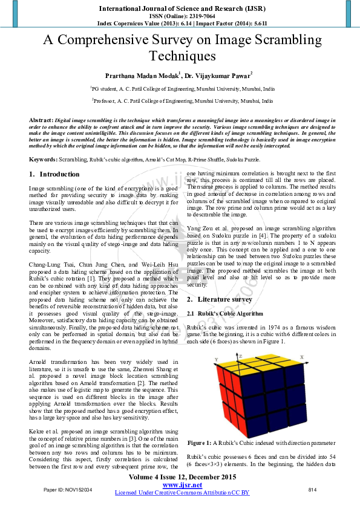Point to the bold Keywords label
click(43, 159)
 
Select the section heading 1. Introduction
click(54, 174)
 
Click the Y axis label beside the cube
click(216, 360)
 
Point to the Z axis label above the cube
click(240, 356)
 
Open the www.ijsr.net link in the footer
click(182, 485)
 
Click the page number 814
click(312, 489)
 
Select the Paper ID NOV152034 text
click(68, 489)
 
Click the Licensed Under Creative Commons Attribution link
click(182, 493)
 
